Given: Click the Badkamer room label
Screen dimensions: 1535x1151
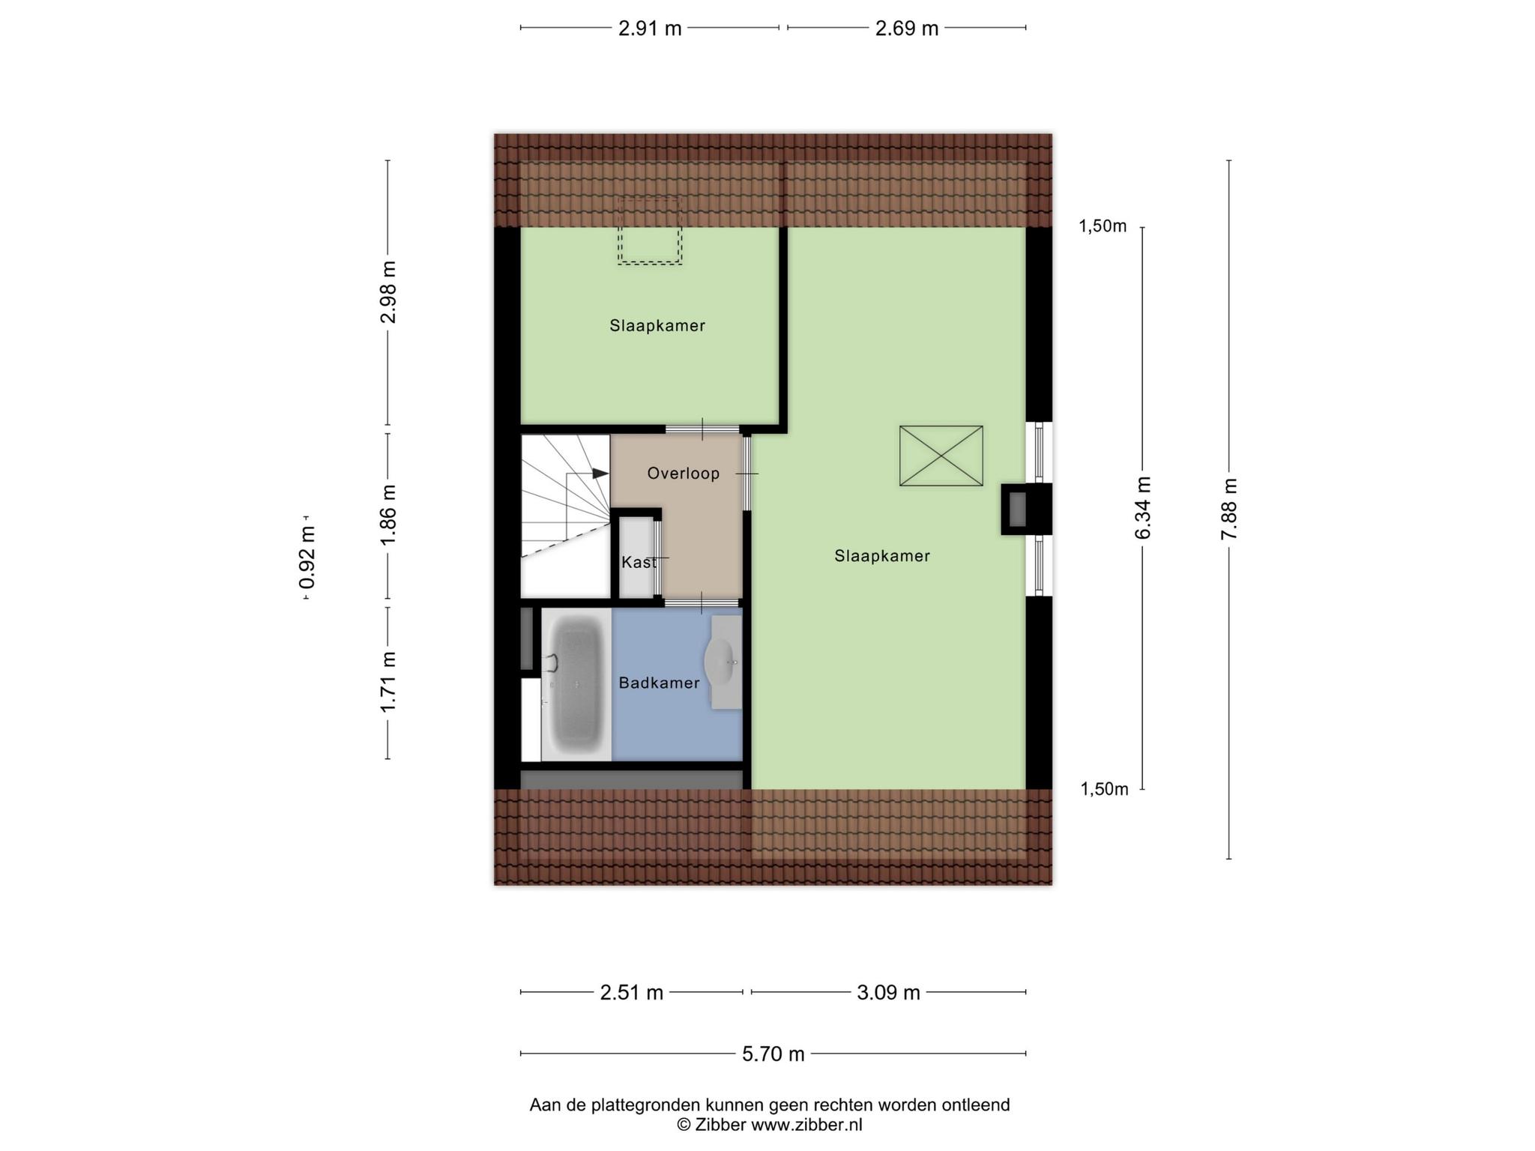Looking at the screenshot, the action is coord(659,683).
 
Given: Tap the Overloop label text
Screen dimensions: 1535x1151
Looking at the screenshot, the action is coord(684,474).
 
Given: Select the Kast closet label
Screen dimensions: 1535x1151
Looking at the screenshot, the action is coord(639,562).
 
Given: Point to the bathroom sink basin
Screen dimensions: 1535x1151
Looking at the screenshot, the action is coord(720,662).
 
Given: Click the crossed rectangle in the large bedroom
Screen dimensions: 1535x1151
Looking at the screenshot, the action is coord(941,456).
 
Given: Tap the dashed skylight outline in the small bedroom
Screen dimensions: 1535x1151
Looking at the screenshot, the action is coord(650,232).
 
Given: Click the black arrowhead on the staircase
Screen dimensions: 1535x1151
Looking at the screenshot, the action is coord(600,474).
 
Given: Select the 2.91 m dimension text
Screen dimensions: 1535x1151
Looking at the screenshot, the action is coord(650,28).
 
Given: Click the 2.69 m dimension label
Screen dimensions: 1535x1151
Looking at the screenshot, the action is coord(907,28).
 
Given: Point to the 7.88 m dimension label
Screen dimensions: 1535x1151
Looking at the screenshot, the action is coord(1229,509).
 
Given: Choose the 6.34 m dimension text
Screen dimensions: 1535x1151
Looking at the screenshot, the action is coord(1143,507).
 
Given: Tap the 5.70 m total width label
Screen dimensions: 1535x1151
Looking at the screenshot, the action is coord(773,1054).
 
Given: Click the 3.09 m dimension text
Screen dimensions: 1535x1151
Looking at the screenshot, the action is coord(888,993).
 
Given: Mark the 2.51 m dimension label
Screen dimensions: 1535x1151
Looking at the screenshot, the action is coord(632,993).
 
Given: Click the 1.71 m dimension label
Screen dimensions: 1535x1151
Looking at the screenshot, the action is coord(387,682).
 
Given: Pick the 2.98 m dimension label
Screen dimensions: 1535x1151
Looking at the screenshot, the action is coord(387,291).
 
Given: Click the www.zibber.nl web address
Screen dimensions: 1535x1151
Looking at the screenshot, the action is coord(806,1125).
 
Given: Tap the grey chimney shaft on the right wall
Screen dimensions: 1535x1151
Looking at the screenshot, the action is coord(1018,508).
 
